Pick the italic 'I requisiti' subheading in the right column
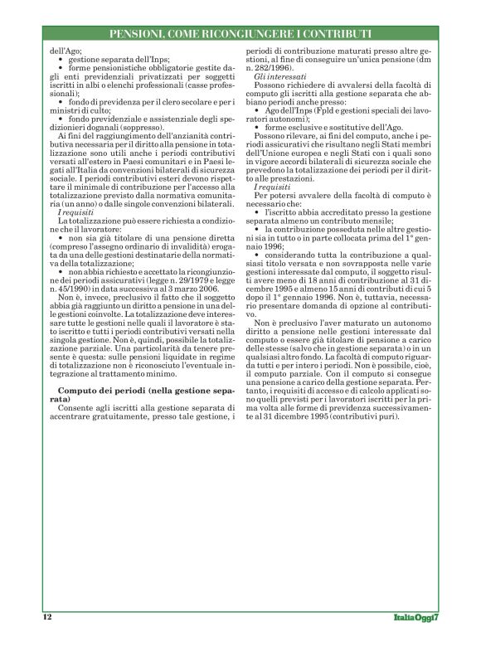(271, 188)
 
